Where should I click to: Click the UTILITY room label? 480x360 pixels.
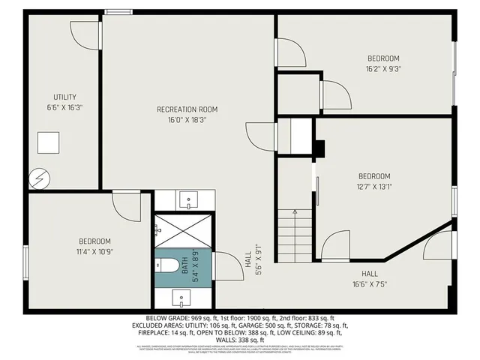pos(64,97)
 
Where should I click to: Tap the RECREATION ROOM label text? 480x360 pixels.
pos(187,109)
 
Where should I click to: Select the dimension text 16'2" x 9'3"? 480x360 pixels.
pos(382,68)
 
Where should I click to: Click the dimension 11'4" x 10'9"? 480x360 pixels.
pos(94,251)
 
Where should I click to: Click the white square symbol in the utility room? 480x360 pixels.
pos(49,142)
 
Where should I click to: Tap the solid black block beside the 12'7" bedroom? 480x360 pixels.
pos(319,149)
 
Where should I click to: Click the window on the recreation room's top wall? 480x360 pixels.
pos(115,12)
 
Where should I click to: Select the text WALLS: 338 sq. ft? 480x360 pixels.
pos(239,340)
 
